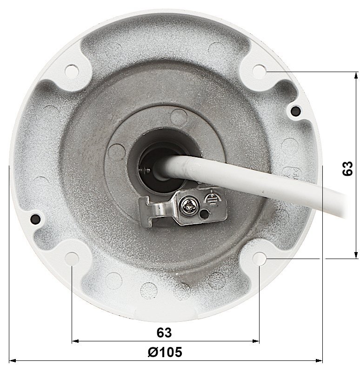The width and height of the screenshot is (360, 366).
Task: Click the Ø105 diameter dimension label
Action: [x=165, y=352]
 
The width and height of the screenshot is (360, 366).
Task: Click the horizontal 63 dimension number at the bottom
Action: [x=164, y=333]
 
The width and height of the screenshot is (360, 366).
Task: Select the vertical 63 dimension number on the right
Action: [x=347, y=168]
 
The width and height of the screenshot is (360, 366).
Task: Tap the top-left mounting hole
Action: [x=72, y=71]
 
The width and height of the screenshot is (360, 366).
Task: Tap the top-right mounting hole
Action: [x=260, y=71]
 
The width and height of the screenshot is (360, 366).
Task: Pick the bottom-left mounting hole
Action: [x=72, y=259]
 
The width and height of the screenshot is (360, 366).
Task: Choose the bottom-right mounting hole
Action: [x=260, y=259]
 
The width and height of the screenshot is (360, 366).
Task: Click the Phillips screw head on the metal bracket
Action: [x=189, y=206]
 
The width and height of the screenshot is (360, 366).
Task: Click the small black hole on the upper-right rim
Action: [x=295, y=110]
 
